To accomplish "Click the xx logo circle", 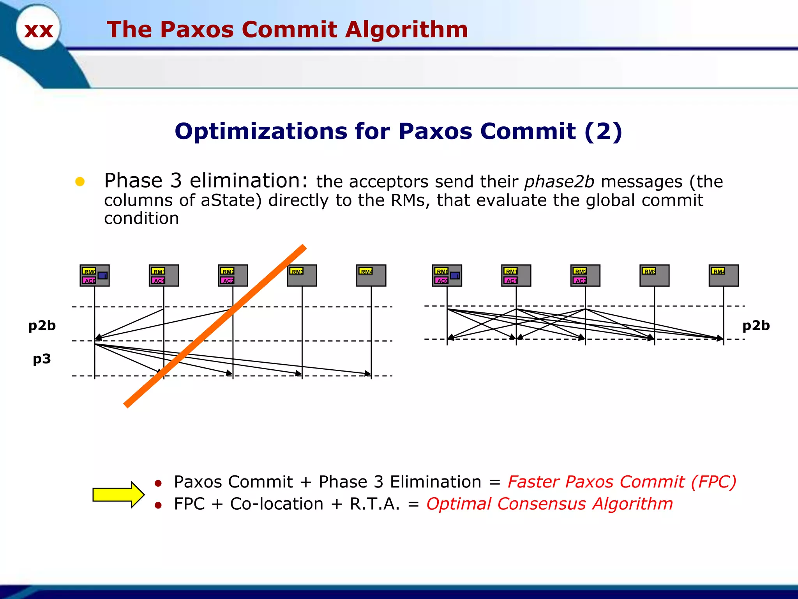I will [38, 28].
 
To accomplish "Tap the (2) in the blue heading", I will [603, 131].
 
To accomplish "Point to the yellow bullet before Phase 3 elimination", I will [80, 182].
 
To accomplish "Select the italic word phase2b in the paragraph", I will [559, 182].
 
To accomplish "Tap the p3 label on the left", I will [42, 358].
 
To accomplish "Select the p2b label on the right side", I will [756, 325].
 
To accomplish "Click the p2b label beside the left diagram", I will [42, 325].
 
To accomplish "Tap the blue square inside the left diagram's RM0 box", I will [102, 276].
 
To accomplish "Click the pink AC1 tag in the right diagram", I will [510, 280].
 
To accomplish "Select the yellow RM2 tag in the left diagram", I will [228, 271].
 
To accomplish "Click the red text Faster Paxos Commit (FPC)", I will [622, 482].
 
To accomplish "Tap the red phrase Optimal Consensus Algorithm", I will [549, 504].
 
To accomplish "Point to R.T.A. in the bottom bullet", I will [374, 504].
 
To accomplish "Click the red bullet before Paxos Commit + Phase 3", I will [158, 484].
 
